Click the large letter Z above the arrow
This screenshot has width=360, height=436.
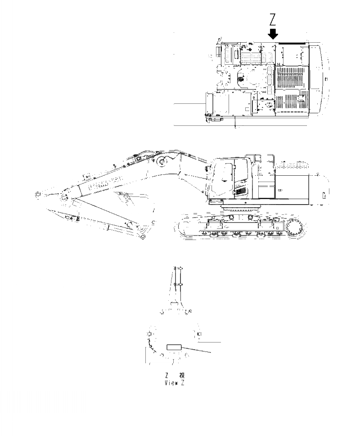pos(273,20)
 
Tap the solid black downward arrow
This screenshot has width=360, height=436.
pos(273,33)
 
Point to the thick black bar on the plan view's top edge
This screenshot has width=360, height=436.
pos(293,43)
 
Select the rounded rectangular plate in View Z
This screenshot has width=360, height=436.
pos(174,347)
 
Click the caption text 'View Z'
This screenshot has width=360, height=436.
pos(175,383)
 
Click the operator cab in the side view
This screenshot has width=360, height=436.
pos(229,178)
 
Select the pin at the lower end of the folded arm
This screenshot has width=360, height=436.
pos(143,236)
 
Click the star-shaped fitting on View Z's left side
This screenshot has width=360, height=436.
pos(149,334)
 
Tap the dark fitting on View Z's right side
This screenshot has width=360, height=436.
pos(199,334)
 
